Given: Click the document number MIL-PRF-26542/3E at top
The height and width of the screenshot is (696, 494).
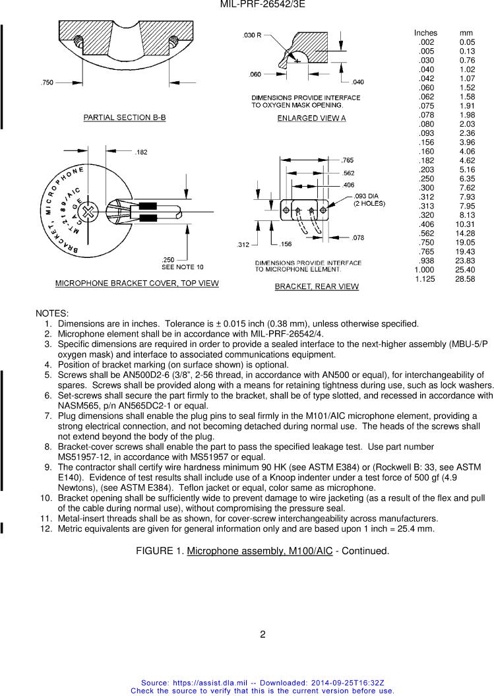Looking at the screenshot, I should (262, 5).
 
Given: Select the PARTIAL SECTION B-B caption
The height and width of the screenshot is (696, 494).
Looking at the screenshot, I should (124, 117).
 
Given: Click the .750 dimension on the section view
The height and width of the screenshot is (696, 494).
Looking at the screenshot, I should (47, 82).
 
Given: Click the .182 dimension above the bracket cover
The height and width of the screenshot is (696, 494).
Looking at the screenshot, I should (141, 152).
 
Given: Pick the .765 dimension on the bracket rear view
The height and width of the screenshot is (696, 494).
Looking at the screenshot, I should (348, 160).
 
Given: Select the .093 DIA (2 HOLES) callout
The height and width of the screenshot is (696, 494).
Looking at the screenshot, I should (369, 200).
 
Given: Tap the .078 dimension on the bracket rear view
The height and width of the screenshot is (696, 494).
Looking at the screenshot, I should (358, 237).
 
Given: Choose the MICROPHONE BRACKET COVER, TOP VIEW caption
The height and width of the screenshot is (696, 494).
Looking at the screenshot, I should (137, 283).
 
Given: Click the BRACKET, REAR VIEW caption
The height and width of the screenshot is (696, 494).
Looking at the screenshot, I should (317, 286).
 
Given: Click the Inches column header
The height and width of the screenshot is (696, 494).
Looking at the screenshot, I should (425, 33).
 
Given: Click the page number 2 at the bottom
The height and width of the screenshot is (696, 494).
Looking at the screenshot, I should (262, 635).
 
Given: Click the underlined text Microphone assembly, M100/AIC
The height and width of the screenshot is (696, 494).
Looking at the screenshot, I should (259, 551).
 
